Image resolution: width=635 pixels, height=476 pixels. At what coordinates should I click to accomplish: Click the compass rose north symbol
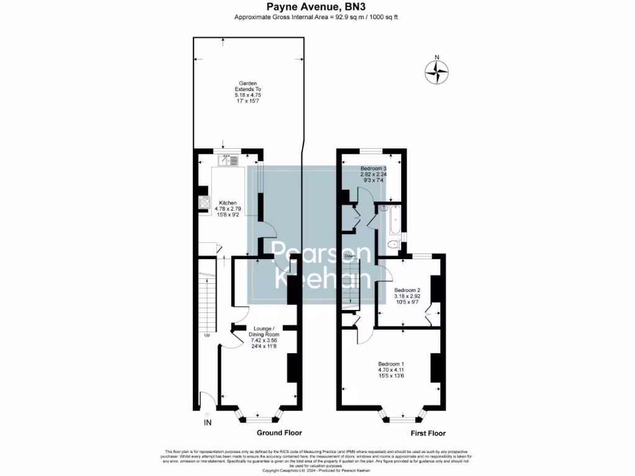437,72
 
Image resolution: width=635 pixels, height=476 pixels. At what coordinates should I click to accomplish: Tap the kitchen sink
229,161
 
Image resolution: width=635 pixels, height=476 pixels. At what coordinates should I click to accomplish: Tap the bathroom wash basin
384,208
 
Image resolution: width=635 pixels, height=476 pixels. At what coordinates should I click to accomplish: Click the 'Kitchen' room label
228,203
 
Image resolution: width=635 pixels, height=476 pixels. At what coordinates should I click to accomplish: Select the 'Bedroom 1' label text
391,363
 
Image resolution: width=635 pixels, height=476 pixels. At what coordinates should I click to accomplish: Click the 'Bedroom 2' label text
407,290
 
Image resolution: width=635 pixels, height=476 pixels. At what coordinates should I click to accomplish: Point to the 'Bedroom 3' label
374,168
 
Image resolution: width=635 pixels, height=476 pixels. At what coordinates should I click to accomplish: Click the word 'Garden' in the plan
248,83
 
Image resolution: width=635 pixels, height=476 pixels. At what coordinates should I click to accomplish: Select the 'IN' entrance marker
208,423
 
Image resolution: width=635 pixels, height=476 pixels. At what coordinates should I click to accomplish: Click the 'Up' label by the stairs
207,335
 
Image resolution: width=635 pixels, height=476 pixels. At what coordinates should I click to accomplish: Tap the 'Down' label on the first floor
350,256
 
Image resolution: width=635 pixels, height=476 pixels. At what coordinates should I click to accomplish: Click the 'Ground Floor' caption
279,433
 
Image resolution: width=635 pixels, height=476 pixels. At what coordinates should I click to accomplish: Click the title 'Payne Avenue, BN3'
316,7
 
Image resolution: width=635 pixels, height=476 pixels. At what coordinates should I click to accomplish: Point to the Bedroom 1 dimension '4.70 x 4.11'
391,370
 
